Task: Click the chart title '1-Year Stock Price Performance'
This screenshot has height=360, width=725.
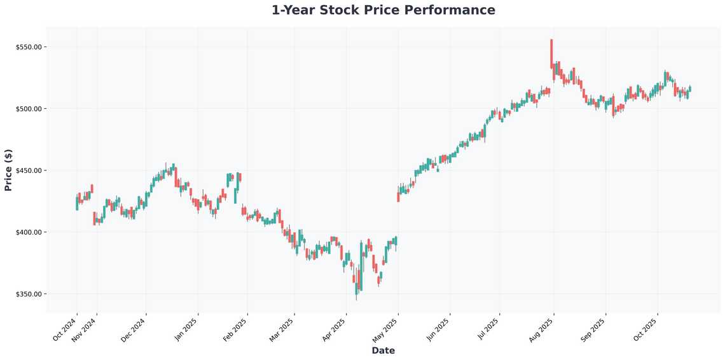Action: [x=383, y=10]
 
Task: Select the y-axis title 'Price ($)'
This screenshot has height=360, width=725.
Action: [x=8, y=170]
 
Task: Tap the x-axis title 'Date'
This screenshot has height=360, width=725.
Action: [x=383, y=350]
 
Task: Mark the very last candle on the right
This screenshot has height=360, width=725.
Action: [x=690, y=89]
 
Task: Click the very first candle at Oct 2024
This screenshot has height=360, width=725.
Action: [x=77, y=203]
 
